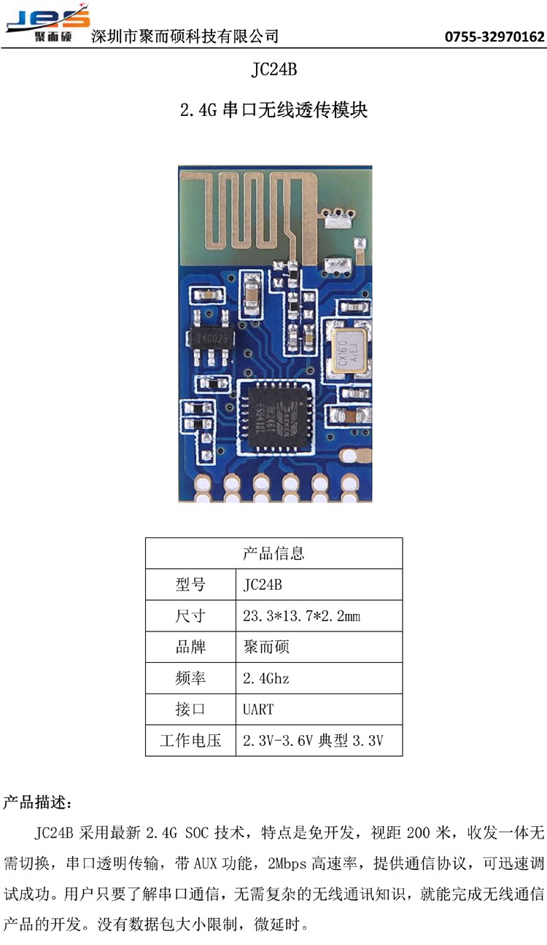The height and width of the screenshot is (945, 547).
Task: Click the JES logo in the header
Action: tap(48, 23)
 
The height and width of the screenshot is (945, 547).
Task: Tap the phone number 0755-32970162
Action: tap(494, 36)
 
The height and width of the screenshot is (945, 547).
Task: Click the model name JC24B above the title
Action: tap(273, 71)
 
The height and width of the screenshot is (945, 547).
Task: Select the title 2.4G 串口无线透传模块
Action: tap(273, 111)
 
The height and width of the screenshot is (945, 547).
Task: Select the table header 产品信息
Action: tap(273, 553)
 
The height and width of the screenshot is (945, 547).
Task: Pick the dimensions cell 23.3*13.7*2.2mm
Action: tap(301, 616)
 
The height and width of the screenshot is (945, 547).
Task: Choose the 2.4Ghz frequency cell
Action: tap(265, 678)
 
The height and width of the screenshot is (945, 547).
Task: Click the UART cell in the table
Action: tap(258, 709)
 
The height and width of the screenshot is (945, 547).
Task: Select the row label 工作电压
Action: tap(190, 741)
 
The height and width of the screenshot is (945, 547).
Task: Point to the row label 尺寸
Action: tap(190, 616)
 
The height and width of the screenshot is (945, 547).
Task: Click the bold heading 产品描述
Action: tap(37, 804)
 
